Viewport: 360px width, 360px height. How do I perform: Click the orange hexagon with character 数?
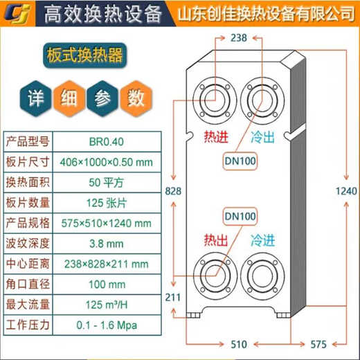click(135, 97)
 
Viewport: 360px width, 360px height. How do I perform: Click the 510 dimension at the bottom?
click(237, 343)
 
